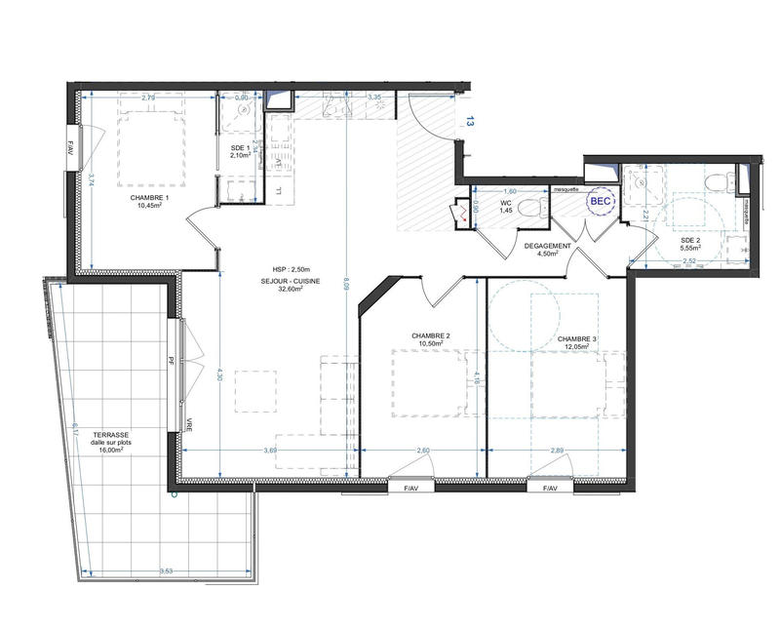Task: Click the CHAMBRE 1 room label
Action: (150, 198)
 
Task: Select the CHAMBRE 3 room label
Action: (579, 338)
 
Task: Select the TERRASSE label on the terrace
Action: (114, 435)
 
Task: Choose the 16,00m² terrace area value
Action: (113, 453)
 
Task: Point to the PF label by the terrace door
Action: (171, 360)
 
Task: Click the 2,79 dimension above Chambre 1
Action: (148, 98)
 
